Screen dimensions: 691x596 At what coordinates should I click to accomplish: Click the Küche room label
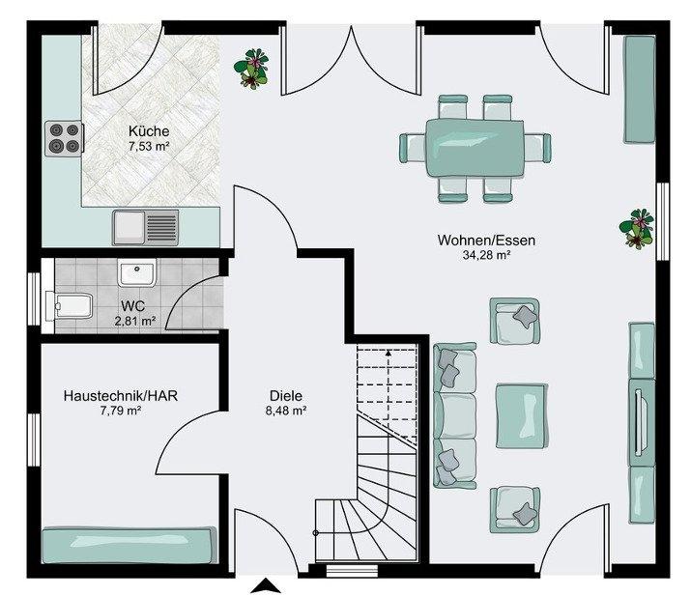[x=149, y=130]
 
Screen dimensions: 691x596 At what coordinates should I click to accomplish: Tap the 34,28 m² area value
[x=486, y=255]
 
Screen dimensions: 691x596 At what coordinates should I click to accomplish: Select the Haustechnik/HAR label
[x=120, y=396]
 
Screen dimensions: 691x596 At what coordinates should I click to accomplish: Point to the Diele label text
[x=285, y=396]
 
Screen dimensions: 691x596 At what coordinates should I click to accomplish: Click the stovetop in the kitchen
[x=64, y=138]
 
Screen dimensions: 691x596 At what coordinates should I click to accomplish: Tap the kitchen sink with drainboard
[x=145, y=227]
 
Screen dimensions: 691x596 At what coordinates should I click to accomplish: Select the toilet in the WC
[x=70, y=305]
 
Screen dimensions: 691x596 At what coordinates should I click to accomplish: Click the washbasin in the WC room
[x=136, y=272]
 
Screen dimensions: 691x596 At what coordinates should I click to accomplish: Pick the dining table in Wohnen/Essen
[x=475, y=148]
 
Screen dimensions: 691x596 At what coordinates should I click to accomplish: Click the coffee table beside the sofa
[x=522, y=415]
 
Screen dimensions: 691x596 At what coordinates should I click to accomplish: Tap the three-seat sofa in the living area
[x=455, y=415]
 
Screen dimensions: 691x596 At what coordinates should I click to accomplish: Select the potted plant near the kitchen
[x=251, y=69]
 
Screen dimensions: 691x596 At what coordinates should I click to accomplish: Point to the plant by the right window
[x=636, y=229]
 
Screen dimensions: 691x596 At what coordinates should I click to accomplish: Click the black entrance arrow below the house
[x=266, y=586]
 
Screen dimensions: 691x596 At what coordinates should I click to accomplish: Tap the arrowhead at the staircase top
[x=388, y=352]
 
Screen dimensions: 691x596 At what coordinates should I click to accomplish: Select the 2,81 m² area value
[x=135, y=321]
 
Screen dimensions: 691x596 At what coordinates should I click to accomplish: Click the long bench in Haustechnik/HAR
[x=130, y=546]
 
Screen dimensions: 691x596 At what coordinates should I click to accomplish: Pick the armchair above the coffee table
[x=515, y=321]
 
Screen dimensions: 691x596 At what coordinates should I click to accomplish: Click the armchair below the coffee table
[x=515, y=509]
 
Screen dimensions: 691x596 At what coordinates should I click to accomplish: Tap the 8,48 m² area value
[x=285, y=411]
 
